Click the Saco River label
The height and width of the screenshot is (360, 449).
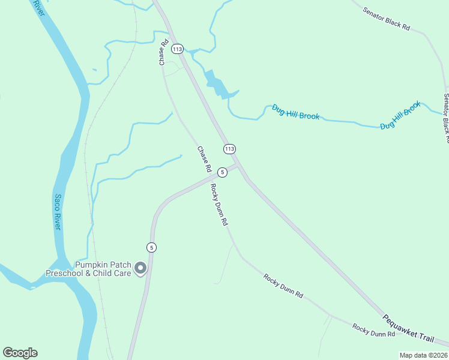click(x=58, y=211)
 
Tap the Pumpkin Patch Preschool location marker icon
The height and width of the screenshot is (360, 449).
click(x=140, y=268)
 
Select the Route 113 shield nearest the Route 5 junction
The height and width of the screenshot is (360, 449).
click(x=229, y=148)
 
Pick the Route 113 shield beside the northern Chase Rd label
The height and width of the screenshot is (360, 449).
click(x=176, y=48)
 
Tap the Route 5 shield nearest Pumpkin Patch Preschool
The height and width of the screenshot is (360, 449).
click(x=151, y=247)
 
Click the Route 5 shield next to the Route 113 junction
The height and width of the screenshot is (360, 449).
click(x=222, y=172)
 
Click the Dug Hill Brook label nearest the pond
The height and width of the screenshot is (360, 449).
click(x=295, y=112)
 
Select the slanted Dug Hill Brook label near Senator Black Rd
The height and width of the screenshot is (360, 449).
click(x=400, y=116)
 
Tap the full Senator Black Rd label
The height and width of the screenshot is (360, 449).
click(x=387, y=19)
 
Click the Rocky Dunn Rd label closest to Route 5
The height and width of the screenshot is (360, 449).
click(x=219, y=205)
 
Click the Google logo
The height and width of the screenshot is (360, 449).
click(x=20, y=353)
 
